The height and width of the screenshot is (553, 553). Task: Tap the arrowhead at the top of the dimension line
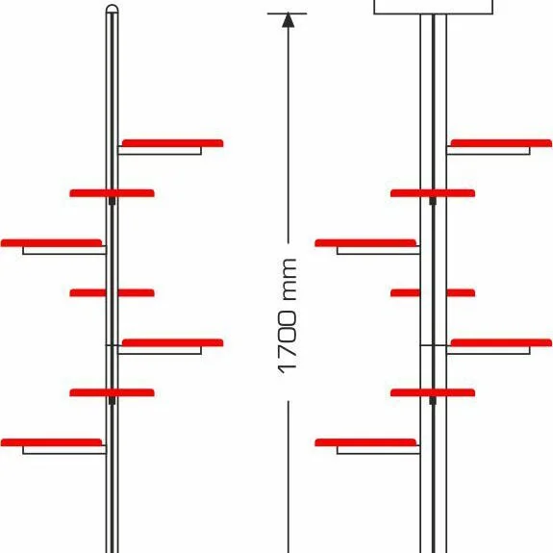pos(289,20)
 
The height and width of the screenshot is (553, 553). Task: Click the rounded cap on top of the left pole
pos(113,9)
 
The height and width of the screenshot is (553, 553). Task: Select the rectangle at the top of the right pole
pos(434,7)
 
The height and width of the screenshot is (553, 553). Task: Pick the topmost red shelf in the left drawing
pos(173,143)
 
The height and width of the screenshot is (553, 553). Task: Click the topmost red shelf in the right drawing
pos(501,143)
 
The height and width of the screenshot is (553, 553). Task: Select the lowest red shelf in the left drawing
pos(52,442)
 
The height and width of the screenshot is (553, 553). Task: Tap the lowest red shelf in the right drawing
pos(365,442)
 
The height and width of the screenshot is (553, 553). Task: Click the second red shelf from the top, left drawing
pos(113,193)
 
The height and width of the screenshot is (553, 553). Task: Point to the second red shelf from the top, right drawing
pos(433,193)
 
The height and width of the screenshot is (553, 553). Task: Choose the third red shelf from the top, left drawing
pos(52,243)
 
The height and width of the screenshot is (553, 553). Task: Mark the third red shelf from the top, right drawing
pos(365,243)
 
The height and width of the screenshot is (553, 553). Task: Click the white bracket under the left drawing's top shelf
pos(160,151)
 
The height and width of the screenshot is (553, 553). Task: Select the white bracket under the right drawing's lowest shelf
pos(378,450)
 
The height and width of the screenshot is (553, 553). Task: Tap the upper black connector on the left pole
pos(113,201)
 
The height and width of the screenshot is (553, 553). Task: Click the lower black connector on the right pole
pos(433,401)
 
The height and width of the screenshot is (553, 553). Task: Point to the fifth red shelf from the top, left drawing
pos(173,342)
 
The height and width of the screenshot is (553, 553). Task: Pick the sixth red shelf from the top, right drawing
pos(433,393)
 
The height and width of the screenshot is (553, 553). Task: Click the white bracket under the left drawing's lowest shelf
pos(64,450)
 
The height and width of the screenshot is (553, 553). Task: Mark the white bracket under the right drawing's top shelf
pos(489,151)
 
